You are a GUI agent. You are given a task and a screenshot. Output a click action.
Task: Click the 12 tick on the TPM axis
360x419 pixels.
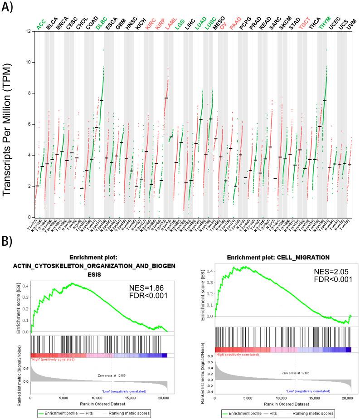(28, 31)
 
